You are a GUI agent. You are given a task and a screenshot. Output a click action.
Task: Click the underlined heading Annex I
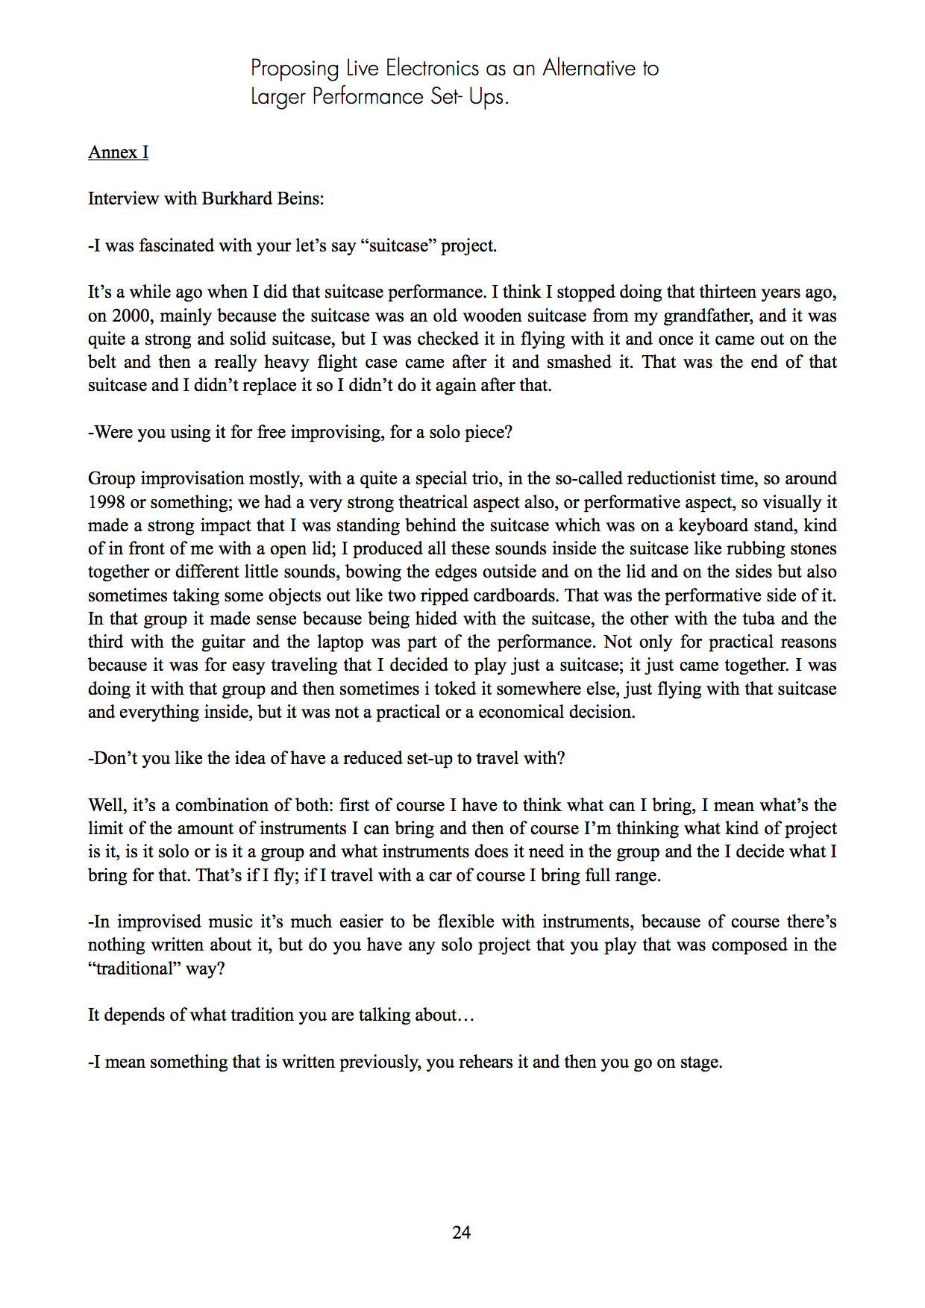coord(118,152)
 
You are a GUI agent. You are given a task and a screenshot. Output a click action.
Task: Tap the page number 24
coord(461,1233)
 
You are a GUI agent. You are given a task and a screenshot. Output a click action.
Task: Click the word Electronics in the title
coord(432,69)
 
